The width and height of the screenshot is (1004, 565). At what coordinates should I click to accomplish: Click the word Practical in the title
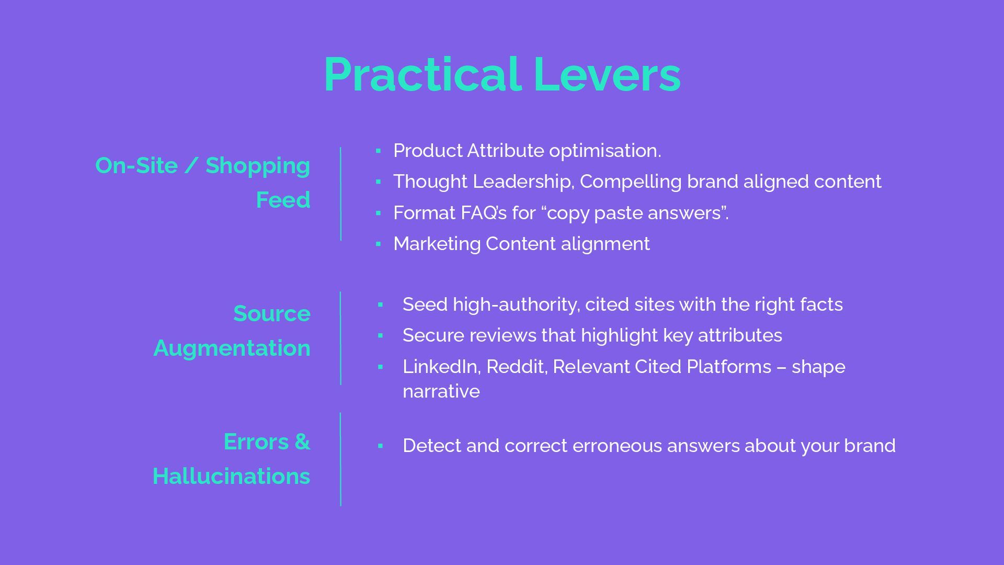[x=421, y=75]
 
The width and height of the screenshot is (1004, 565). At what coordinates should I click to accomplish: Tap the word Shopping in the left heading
[x=258, y=166]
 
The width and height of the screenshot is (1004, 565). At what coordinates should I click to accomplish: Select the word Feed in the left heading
[x=283, y=200]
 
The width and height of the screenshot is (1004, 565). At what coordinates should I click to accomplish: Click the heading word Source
[x=272, y=314]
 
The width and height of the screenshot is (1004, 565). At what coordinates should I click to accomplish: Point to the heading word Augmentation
[x=232, y=348]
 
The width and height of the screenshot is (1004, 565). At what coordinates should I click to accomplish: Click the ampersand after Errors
[x=302, y=442]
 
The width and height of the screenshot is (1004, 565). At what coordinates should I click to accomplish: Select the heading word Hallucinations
[x=231, y=477]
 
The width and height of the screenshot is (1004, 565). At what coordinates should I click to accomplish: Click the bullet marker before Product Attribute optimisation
[x=378, y=151]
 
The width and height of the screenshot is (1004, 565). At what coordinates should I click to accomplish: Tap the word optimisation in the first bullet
[x=604, y=151]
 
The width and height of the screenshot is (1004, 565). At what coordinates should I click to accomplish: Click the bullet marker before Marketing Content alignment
[x=378, y=244]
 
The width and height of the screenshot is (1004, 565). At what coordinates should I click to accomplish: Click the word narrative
[x=441, y=391]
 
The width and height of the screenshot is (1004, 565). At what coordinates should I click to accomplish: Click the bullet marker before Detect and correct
[x=380, y=446]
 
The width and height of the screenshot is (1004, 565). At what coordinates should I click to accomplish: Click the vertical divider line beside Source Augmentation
[x=340, y=338]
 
